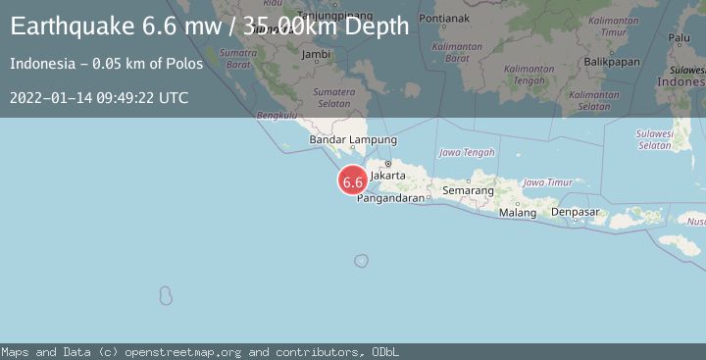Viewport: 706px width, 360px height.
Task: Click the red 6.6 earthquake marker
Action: click(353, 181)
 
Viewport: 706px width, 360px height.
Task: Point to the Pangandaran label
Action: click(390, 198)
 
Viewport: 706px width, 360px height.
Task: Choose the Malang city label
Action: click(518, 212)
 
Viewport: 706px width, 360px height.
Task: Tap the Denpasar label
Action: click(575, 211)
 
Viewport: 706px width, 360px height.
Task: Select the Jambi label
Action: click(316, 55)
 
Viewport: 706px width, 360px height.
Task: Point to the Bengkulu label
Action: click(276, 115)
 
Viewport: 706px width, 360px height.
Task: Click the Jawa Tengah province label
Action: click(466, 153)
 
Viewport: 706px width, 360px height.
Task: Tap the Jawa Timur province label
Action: click(548, 182)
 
